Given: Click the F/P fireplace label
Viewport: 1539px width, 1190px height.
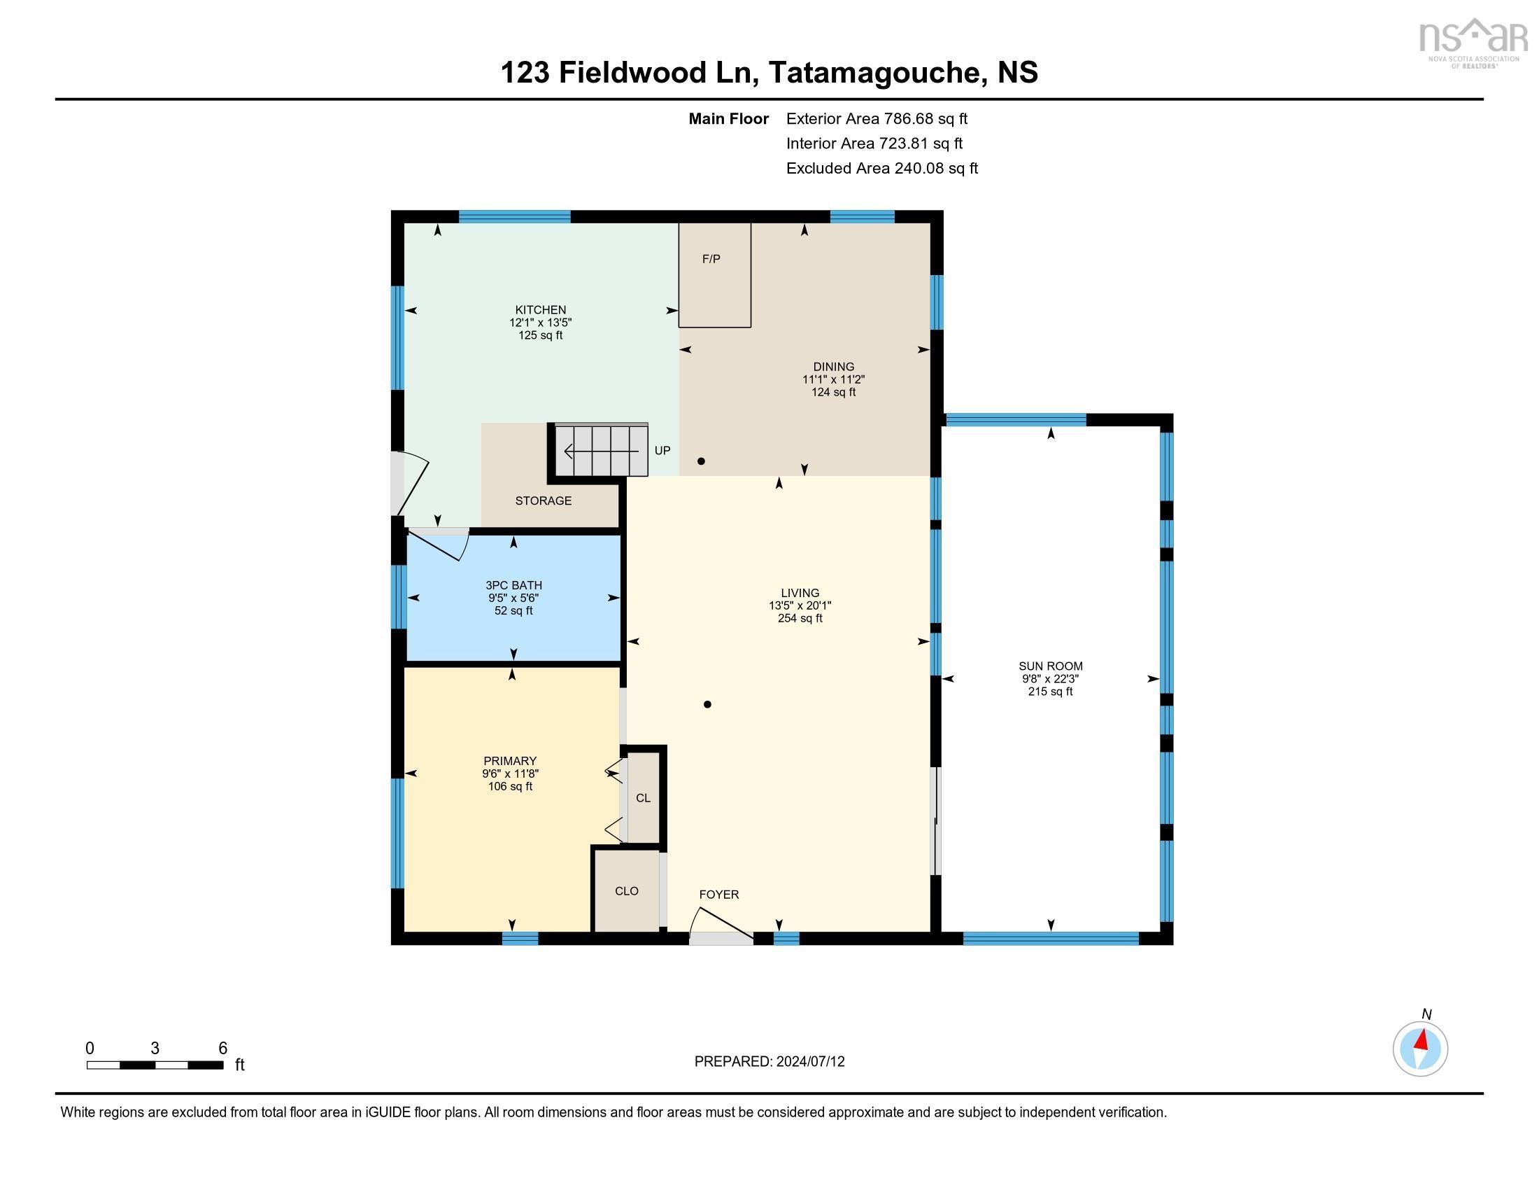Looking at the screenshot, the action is click(711, 259).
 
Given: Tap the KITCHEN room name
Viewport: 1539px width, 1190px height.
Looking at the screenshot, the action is click(541, 309).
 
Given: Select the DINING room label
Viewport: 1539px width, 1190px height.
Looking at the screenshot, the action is click(834, 367).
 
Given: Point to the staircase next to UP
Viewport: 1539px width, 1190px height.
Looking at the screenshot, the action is click(601, 450).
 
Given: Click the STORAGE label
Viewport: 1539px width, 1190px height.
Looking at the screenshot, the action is click(544, 500).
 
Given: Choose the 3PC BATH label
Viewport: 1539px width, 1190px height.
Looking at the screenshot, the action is click(513, 585).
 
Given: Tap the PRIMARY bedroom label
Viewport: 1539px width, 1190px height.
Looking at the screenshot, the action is click(510, 761).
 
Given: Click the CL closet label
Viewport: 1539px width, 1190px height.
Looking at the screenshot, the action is click(644, 798).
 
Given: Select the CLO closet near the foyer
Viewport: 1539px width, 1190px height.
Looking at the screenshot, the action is click(627, 891).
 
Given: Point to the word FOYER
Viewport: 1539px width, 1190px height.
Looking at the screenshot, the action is click(718, 895).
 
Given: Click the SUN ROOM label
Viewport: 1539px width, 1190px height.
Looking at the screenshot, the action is click(1051, 666).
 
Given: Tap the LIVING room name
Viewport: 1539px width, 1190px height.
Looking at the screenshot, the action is click(800, 593).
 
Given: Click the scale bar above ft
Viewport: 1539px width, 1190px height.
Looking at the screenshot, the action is click(155, 1065).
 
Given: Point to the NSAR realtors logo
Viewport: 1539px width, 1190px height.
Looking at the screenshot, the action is click(1473, 42).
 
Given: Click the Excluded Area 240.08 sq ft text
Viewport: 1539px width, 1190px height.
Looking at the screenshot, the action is click(882, 169).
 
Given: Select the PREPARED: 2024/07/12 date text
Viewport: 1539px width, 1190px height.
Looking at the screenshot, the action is click(769, 1062).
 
